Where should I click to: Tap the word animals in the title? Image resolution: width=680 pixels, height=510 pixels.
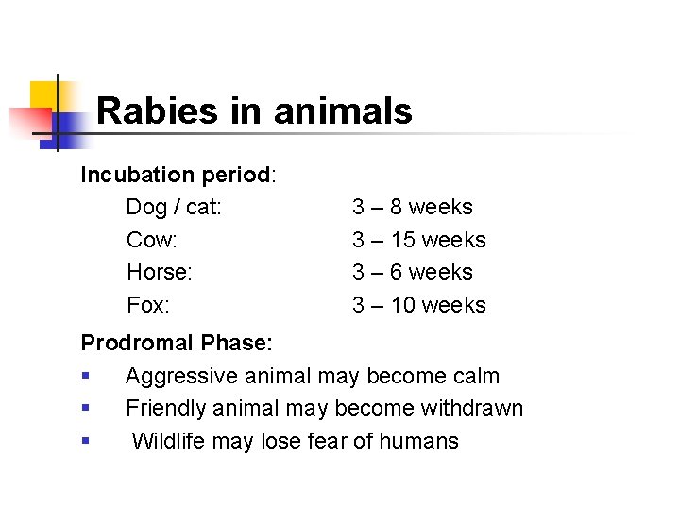(x=343, y=111)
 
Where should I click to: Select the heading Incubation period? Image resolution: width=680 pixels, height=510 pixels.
(x=176, y=175)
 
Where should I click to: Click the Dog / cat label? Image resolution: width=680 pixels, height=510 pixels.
(x=174, y=207)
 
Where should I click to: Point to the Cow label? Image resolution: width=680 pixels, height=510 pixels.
(x=151, y=240)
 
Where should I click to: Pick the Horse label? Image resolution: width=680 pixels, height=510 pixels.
(x=159, y=272)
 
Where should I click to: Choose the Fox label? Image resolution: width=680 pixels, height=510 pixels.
(x=147, y=305)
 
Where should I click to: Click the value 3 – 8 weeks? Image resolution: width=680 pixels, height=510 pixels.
(x=413, y=207)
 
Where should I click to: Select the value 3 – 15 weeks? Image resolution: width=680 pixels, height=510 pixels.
(x=419, y=240)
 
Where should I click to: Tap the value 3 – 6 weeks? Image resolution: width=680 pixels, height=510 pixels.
(x=413, y=272)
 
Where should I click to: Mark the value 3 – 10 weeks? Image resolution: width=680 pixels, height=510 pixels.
(x=419, y=305)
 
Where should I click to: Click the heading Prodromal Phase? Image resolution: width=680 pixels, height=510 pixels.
(x=177, y=342)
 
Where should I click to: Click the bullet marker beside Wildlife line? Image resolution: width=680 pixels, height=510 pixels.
(x=86, y=441)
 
